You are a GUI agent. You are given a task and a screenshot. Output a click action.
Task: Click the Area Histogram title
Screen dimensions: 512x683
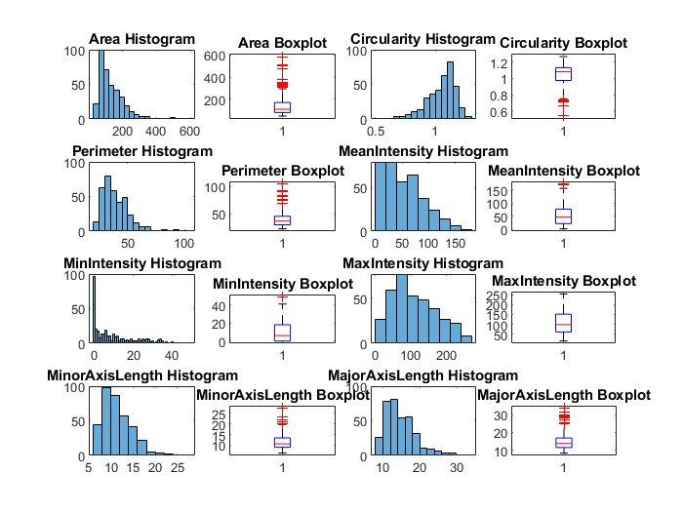pos(141,39)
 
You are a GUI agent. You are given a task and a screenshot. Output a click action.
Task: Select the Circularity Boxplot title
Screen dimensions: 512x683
pos(563,43)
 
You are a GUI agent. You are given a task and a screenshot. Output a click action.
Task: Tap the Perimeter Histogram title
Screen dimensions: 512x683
pos(141,152)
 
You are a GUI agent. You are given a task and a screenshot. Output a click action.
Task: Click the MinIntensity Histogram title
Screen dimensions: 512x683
pos(141,264)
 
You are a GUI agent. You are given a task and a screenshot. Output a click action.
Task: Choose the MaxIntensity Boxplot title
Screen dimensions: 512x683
pos(563,282)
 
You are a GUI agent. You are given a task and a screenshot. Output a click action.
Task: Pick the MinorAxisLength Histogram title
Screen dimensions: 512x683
pos(141,375)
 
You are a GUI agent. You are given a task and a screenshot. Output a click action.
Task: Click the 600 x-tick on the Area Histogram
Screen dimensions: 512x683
pos(189,130)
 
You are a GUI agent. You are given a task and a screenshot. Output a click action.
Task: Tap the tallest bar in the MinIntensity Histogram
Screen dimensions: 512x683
pos(94,310)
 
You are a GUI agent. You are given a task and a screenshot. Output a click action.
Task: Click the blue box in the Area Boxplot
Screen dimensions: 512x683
pos(282,107)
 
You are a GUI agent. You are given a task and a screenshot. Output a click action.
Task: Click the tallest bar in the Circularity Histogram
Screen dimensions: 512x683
pos(450,90)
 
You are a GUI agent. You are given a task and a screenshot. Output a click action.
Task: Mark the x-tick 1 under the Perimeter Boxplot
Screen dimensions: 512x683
pos(283,242)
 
